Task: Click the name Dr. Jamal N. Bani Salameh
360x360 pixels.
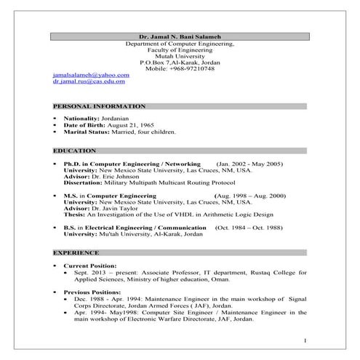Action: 180,36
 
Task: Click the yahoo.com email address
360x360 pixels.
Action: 91,75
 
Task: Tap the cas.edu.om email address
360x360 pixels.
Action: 89,82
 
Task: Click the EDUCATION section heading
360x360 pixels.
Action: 74,150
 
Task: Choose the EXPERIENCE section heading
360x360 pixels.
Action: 76,252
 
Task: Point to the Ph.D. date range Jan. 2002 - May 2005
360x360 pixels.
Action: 249,164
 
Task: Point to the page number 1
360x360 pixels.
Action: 305,340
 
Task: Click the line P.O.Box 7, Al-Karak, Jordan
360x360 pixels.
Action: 180,63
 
